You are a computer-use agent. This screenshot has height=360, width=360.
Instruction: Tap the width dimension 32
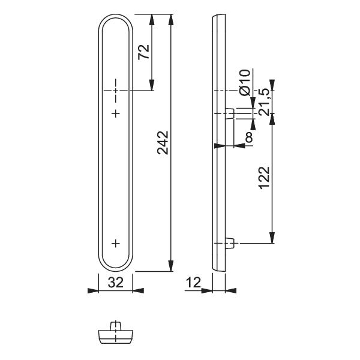tap(116, 282)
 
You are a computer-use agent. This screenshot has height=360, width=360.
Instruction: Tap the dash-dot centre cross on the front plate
tap(116, 90)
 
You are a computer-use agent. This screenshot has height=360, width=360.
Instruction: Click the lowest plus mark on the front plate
tap(116, 243)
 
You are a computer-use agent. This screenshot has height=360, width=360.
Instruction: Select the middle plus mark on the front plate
tap(116, 113)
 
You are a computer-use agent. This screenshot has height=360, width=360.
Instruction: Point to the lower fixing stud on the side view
tap(230, 243)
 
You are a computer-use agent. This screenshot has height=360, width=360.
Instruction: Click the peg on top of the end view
tap(116, 325)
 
